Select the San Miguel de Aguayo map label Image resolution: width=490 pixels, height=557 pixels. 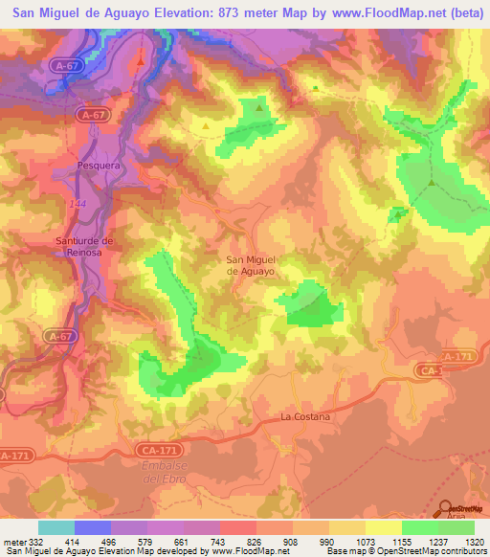tap(251, 265)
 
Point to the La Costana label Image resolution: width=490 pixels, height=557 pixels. tap(305, 417)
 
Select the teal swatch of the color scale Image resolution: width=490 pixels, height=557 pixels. tap(56, 527)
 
